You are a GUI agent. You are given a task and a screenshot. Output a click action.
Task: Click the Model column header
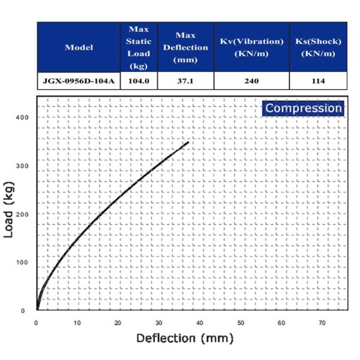coord(79,47)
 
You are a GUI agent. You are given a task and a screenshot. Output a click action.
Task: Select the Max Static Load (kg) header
coord(139,47)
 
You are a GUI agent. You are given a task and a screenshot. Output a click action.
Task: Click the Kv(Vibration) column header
coord(249,47)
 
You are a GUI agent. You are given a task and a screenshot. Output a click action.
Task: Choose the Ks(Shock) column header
coord(318,47)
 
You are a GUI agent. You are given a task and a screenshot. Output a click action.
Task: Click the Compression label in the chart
coord(304,109)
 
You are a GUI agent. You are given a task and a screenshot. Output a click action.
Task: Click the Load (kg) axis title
coord(10,207)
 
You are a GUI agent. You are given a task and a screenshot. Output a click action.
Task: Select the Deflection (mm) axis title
coord(184,338)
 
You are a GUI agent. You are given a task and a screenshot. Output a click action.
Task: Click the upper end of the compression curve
coord(188,143)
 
